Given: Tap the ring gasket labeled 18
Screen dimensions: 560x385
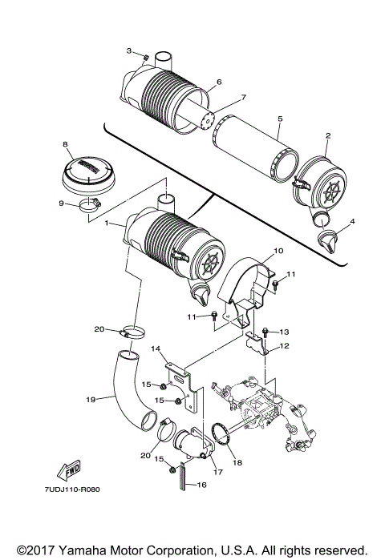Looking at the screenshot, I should click(217, 440).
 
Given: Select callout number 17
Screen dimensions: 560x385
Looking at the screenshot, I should click(217, 472).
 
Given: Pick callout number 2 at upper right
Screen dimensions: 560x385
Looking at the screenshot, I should click(328, 137).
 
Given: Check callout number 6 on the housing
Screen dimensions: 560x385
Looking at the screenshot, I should click(218, 83).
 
